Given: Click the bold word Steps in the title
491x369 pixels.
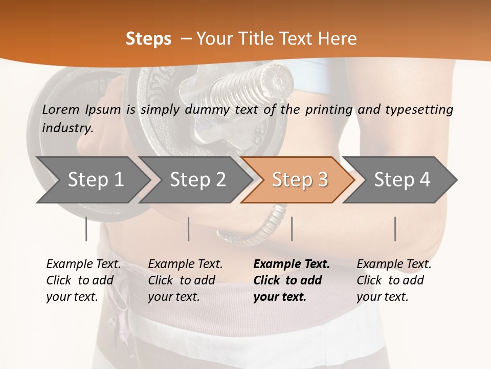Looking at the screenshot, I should (148, 39).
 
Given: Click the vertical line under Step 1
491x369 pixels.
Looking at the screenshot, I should (86, 229).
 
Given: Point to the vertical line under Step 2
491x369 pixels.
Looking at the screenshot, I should (189, 229).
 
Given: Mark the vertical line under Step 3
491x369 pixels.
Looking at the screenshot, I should (292, 229).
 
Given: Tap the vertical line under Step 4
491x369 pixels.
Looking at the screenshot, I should (395, 229).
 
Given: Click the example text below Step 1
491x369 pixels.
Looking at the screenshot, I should (83, 280).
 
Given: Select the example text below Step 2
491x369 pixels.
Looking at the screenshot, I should (185, 280).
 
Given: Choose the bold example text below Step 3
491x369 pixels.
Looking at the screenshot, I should (292, 280).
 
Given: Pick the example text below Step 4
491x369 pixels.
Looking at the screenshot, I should (394, 280).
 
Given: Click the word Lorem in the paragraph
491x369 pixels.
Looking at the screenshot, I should (61, 109).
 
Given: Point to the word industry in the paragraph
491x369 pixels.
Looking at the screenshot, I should (68, 128).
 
